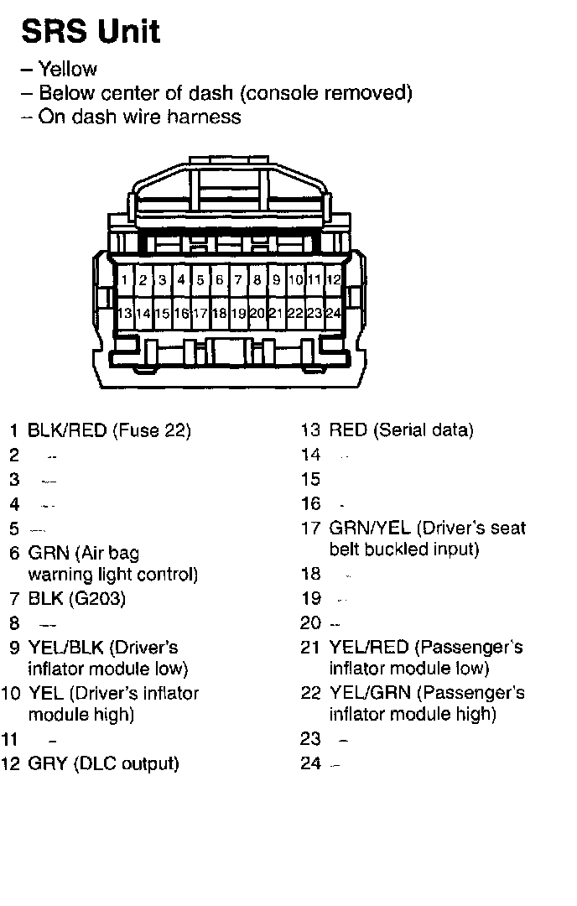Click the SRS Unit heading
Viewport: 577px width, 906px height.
point(91,32)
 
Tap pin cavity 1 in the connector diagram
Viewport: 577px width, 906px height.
point(124,279)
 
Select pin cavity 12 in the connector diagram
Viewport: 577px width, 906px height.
point(333,279)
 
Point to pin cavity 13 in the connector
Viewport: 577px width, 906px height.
point(124,313)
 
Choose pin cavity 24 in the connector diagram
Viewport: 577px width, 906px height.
point(333,313)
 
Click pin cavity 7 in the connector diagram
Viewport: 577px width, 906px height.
point(238,279)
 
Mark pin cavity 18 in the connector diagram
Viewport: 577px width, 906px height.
point(219,313)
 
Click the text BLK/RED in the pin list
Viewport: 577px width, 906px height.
point(67,431)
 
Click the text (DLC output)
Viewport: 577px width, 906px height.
point(127,764)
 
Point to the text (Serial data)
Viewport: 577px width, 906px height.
point(424,430)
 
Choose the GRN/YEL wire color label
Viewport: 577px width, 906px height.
point(370,528)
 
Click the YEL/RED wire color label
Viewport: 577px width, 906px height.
point(369,647)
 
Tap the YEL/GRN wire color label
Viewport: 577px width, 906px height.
point(369,693)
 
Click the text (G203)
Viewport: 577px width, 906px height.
point(95,599)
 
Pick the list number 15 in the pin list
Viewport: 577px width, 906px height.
point(310,479)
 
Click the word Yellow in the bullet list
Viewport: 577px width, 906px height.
point(68,70)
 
